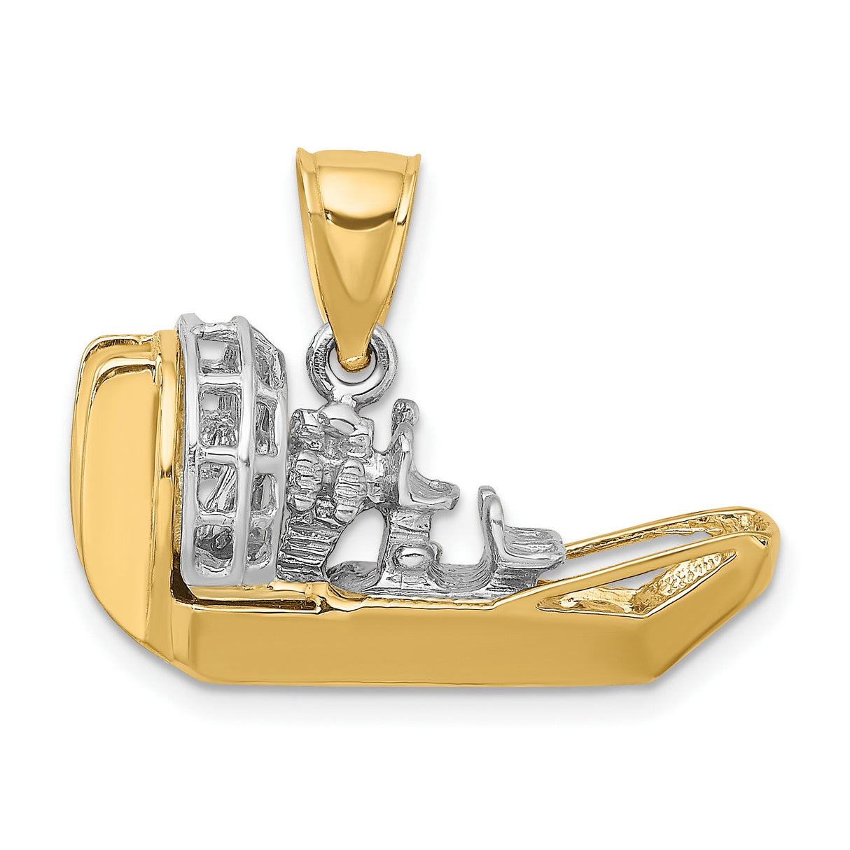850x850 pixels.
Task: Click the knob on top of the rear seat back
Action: click(404, 411)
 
